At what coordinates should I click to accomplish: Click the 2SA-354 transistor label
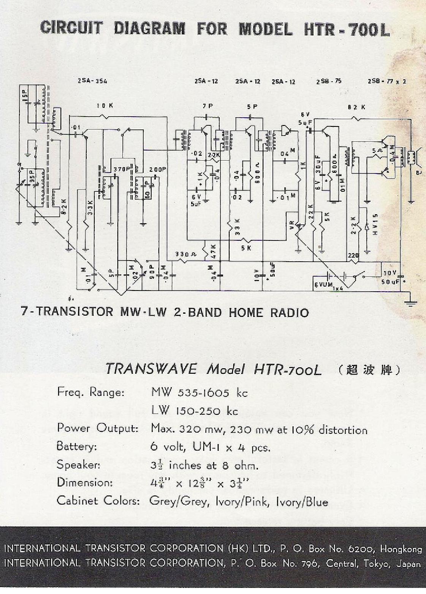92,81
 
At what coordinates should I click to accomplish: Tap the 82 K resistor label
356,107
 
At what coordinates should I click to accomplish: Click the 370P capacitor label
122,169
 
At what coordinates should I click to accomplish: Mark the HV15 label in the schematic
376,224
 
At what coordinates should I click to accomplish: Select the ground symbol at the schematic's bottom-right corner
410,302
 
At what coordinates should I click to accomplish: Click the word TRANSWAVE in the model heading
151,369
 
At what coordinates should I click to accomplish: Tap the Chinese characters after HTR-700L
369,370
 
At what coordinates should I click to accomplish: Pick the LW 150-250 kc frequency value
195,411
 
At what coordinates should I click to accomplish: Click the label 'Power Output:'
98,428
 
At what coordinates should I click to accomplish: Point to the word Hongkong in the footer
401,549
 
